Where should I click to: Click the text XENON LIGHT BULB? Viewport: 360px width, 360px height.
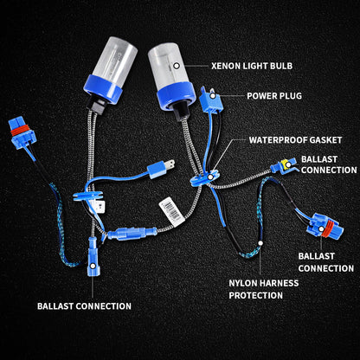click(257, 65)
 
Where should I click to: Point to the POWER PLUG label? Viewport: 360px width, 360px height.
click(273, 96)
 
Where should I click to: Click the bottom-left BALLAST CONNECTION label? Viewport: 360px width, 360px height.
click(84, 305)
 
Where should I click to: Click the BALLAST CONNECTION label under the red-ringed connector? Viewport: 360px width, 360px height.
click(325, 262)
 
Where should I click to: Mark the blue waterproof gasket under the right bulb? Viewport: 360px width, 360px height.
click(198, 179)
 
